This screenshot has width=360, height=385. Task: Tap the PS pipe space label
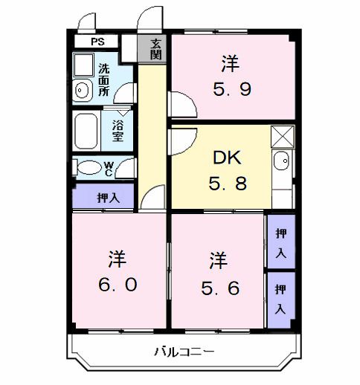[97, 42]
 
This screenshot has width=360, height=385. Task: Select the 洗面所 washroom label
[104, 80]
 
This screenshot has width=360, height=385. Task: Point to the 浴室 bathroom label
[118, 131]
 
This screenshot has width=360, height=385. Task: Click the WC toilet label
[109, 168]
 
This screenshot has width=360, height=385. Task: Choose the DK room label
[226, 157]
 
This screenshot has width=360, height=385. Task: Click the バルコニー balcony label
[184, 351]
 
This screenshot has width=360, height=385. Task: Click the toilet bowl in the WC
[89, 168]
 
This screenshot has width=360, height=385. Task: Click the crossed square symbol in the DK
[282, 137]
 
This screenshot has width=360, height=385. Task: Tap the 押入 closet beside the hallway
[108, 198]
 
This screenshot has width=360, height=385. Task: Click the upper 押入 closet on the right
[280, 242]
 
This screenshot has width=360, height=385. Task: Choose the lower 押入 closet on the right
[280, 297]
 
